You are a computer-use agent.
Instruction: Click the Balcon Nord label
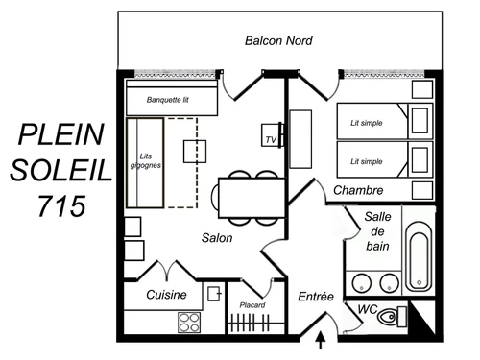278,41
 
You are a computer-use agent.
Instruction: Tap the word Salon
219,237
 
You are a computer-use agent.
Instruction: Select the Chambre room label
358,190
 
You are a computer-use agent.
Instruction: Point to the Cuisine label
166,295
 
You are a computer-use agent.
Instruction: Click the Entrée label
316,297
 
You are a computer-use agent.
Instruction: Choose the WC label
366,309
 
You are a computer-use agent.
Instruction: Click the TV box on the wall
270,139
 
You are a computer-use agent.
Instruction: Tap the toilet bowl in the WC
388,317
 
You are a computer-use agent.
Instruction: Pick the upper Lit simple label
368,122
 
